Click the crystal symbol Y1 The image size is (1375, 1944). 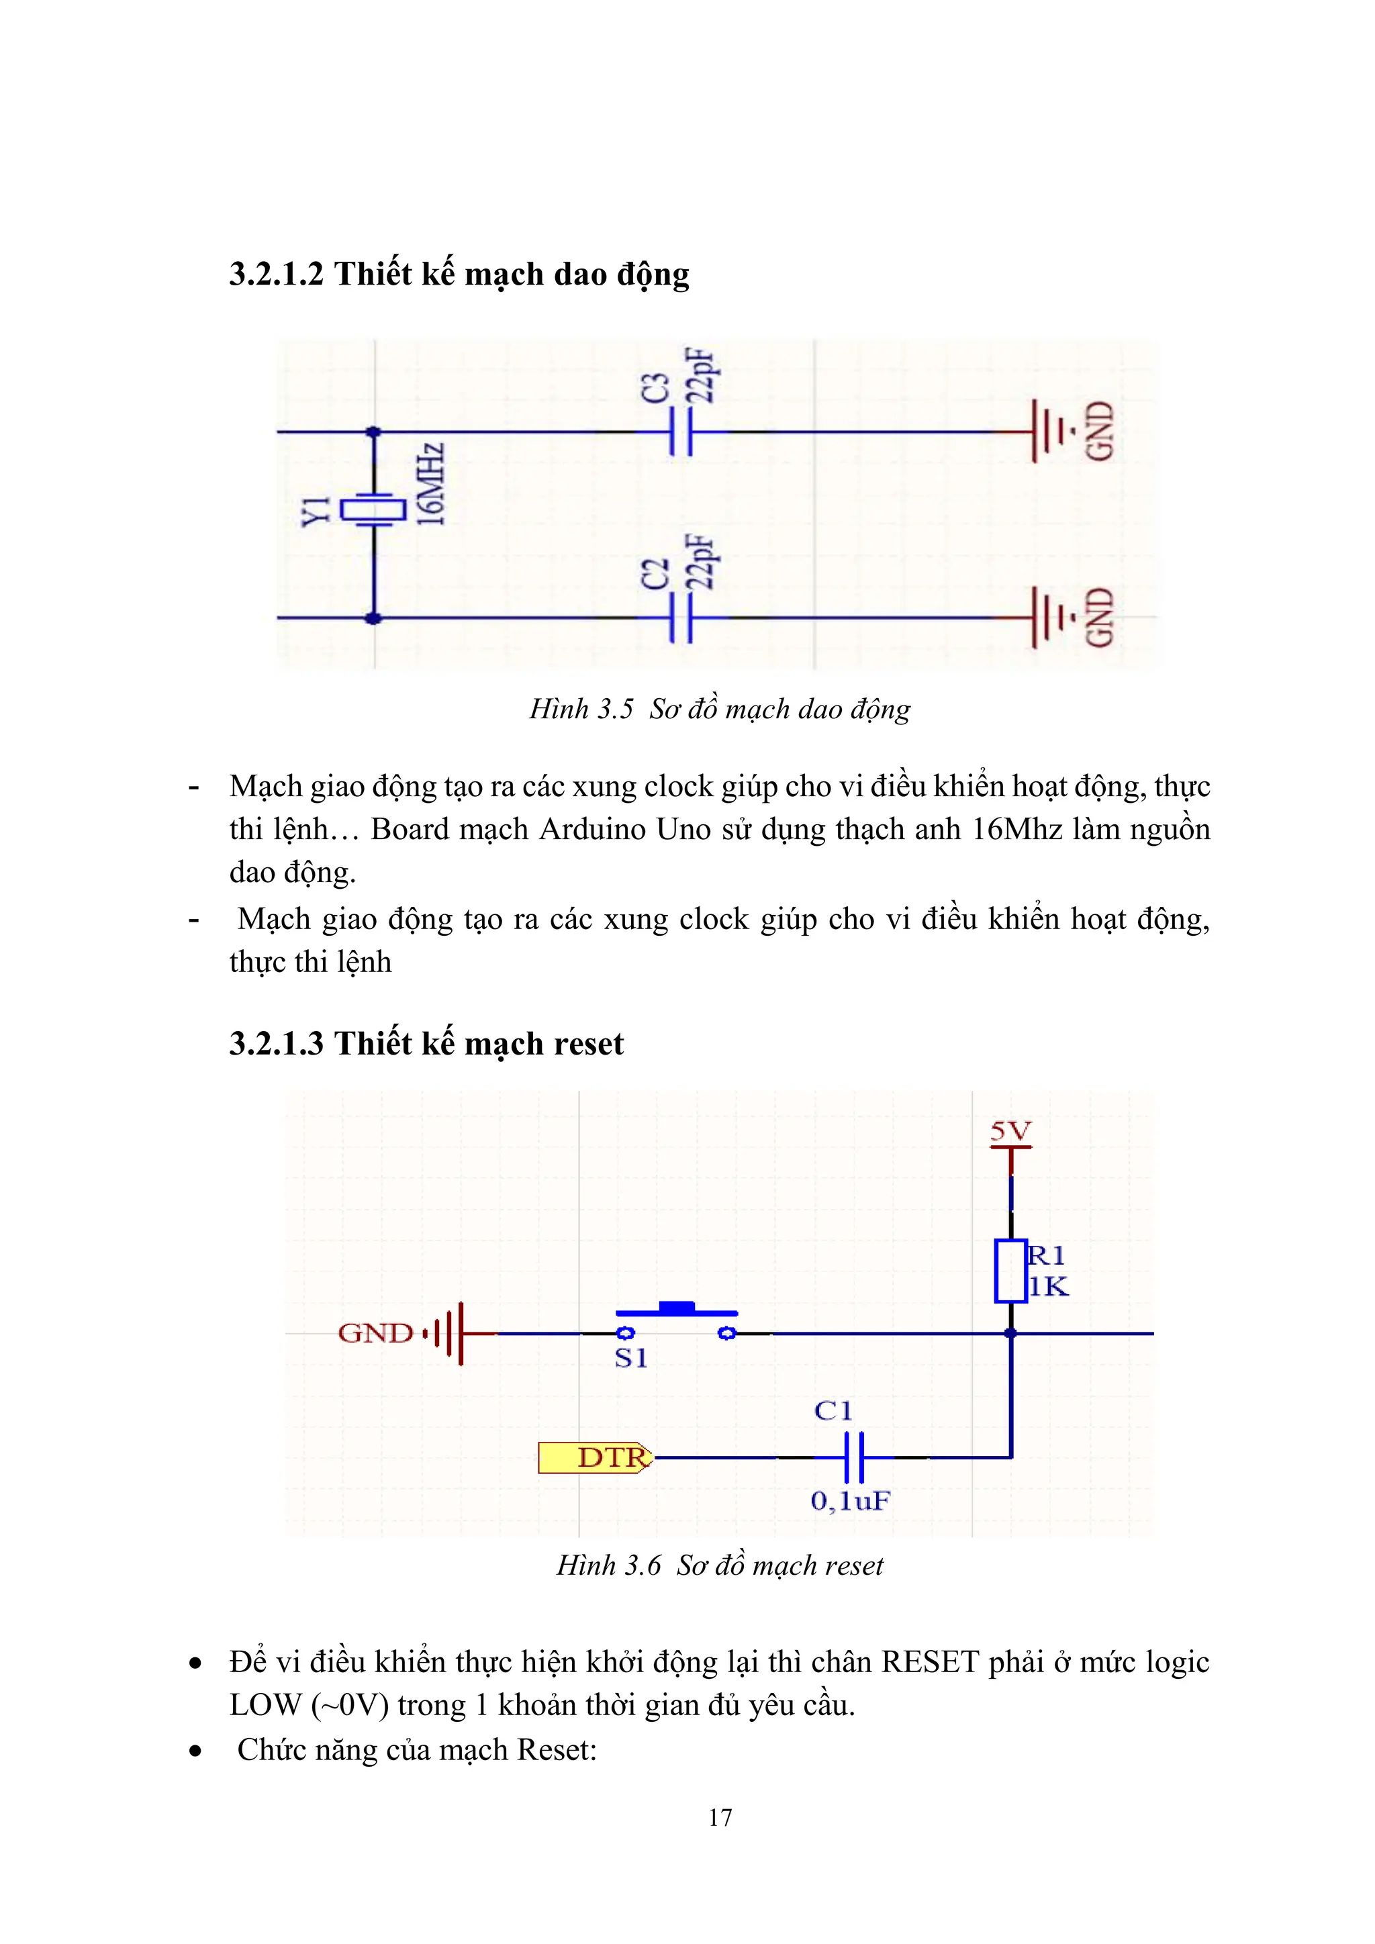pyautogui.click(x=373, y=509)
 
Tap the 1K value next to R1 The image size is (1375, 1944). pyautogui.click(x=1049, y=1287)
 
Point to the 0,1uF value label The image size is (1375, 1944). pyautogui.click(x=850, y=1501)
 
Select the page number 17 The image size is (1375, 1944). pyautogui.click(x=720, y=1817)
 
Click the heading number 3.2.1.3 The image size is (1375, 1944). pyautogui.click(x=276, y=1043)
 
